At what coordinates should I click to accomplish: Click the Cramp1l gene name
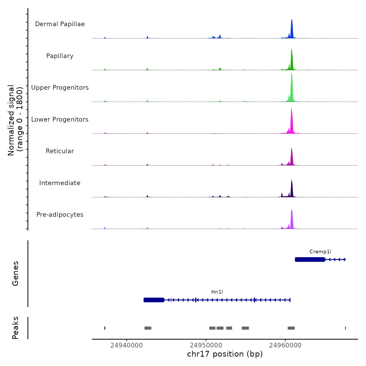(x=320, y=251)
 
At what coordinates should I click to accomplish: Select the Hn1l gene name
(x=217, y=292)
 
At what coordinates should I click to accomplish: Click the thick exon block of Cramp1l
(x=310, y=259)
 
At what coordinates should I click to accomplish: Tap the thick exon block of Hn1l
(x=154, y=300)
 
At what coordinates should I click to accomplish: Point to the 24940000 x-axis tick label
(x=127, y=345)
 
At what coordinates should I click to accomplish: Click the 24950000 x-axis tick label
(x=206, y=345)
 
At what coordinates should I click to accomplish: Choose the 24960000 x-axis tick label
(x=285, y=345)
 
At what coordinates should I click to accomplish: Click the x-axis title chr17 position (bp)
(x=225, y=354)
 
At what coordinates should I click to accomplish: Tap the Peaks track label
(x=15, y=328)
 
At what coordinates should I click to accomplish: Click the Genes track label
(x=15, y=273)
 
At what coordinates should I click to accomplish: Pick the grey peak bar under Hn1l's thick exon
(x=148, y=328)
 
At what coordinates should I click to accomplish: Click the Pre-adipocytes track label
(x=60, y=215)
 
